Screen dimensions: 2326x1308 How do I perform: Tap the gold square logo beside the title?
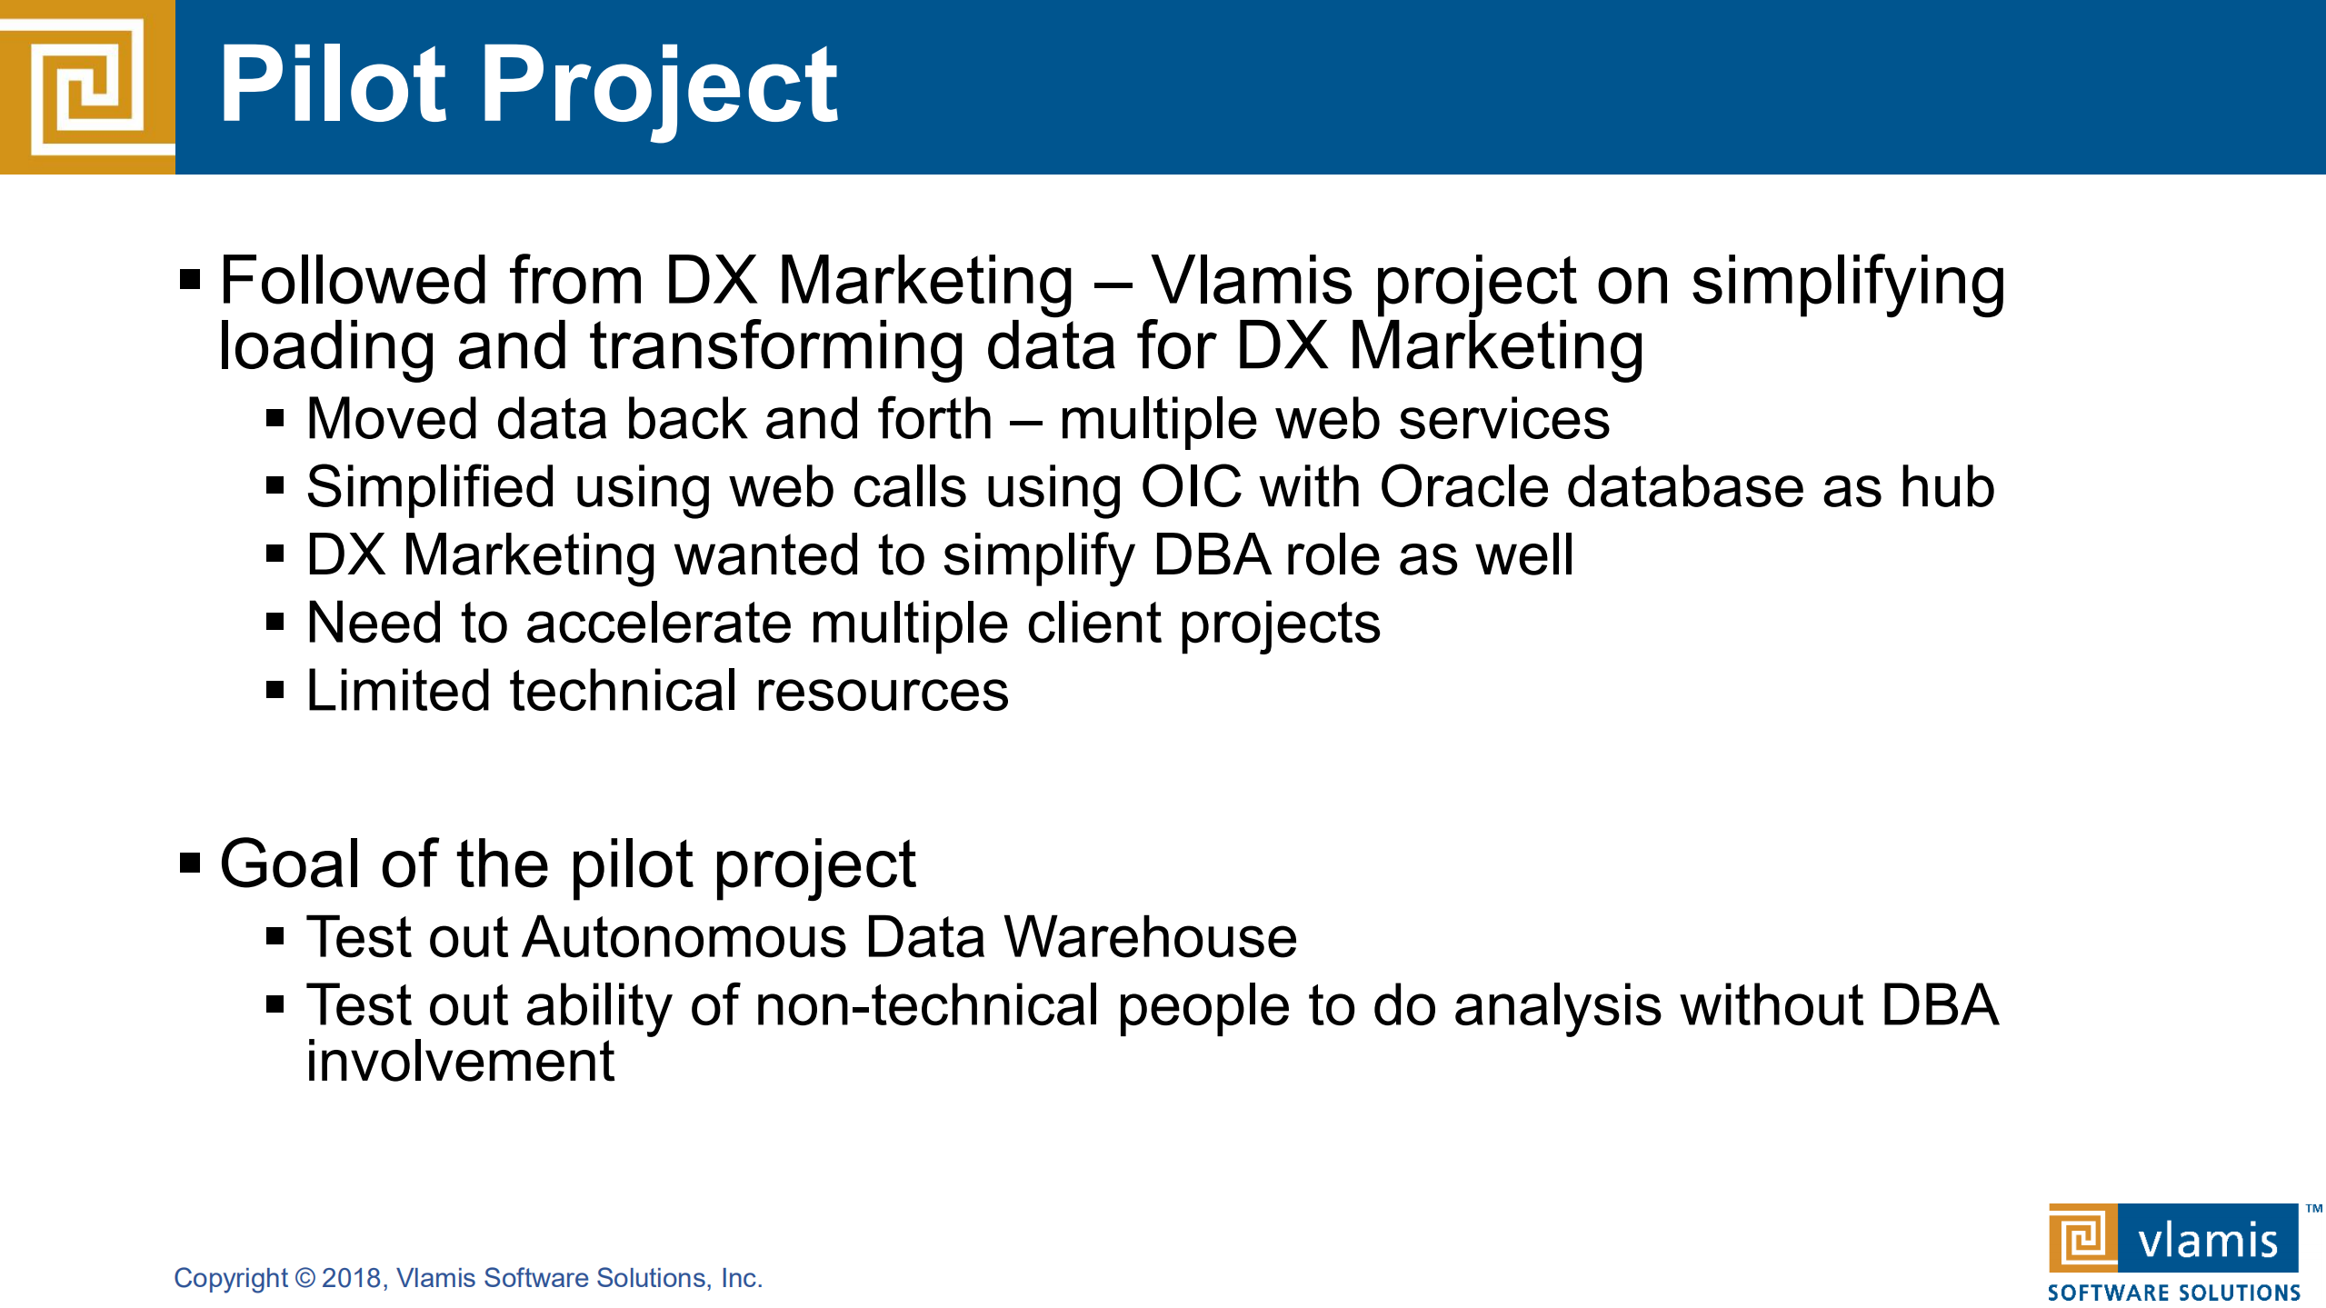point(87,87)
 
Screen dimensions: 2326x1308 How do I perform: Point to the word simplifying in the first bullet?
point(1848,284)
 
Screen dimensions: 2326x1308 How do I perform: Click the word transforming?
point(776,348)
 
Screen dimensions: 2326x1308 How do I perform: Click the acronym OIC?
point(1191,487)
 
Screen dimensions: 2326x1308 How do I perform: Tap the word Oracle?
point(1463,487)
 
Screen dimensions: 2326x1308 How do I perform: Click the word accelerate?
point(659,624)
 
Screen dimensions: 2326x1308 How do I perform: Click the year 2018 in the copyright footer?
point(352,1278)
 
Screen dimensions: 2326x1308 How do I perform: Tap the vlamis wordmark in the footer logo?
point(2208,1241)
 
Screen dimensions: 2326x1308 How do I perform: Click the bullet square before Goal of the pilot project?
point(190,862)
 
